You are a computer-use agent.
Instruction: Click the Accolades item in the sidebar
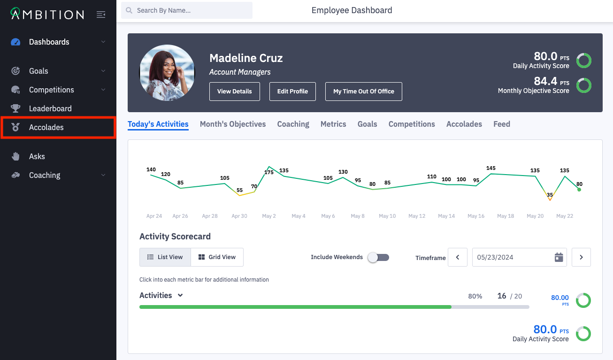click(46, 128)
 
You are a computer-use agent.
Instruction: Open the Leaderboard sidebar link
click(50, 108)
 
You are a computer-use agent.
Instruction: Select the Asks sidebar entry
click(37, 156)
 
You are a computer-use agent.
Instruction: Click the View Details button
click(234, 92)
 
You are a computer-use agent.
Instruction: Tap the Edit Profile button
click(292, 92)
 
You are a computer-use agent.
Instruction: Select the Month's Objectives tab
click(233, 124)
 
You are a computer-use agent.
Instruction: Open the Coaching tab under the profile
click(293, 124)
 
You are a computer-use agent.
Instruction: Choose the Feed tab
click(501, 124)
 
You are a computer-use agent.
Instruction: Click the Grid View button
click(217, 257)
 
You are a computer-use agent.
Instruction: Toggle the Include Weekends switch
click(378, 257)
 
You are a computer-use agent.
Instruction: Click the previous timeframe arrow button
click(458, 257)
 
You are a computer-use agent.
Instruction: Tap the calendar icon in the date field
click(559, 257)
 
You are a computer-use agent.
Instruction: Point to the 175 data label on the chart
click(269, 173)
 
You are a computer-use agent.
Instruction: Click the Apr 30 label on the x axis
click(239, 216)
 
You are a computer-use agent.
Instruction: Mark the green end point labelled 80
click(579, 190)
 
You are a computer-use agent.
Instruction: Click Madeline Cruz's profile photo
click(167, 73)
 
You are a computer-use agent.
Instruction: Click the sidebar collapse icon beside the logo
click(101, 15)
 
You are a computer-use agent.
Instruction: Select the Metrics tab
click(333, 124)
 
